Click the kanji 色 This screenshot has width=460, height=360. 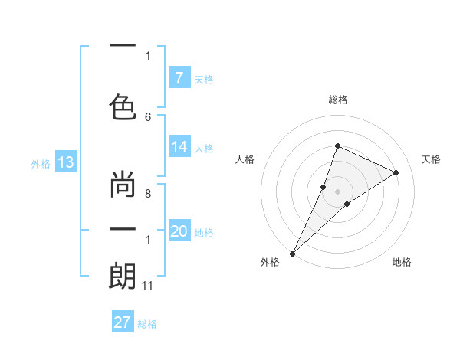pyautogui.click(x=123, y=104)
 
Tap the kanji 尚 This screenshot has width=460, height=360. pyautogui.click(x=123, y=186)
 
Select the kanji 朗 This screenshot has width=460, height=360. pyautogui.click(x=123, y=276)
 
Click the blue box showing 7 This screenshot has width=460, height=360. pyautogui.click(x=179, y=78)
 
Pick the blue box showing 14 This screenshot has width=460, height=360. pyautogui.click(x=179, y=148)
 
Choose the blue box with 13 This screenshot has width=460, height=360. pyautogui.click(x=65, y=162)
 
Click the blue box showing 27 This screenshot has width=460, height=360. pyautogui.click(x=123, y=322)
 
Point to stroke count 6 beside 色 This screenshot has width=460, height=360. pyautogui.click(x=148, y=116)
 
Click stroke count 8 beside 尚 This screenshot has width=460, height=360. pyautogui.click(x=148, y=195)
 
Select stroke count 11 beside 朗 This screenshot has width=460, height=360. pyautogui.click(x=148, y=286)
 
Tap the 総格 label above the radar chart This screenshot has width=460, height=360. pyautogui.click(x=337, y=100)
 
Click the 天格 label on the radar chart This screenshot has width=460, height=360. pyautogui.click(x=431, y=159)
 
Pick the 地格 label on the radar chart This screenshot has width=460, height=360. pyautogui.click(x=402, y=263)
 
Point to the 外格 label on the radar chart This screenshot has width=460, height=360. pyautogui.click(x=270, y=263)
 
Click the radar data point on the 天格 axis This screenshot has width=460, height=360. pyautogui.click(x=396, y=172)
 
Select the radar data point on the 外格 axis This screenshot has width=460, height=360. pyautogui.click(x=292, y=253)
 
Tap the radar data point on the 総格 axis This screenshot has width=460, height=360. pyautogui.click(x=337, y=146)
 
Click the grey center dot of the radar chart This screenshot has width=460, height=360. pyautogui.click(x=337, y=191)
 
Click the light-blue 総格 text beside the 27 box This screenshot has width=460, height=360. pyautogui.click(x=147, y=324)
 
